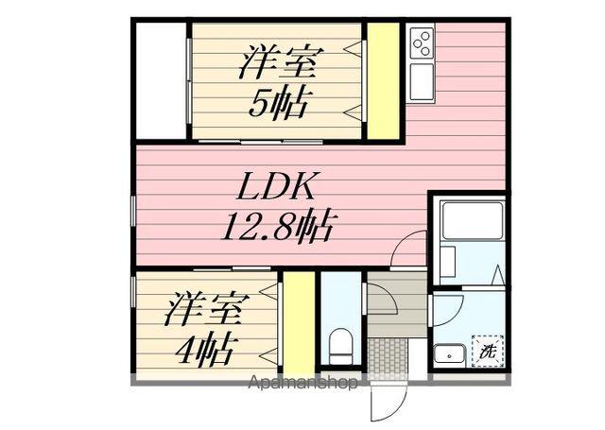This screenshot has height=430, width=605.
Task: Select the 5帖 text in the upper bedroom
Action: tap(279, 103)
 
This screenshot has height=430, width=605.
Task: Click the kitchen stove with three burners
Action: tap(422, 43)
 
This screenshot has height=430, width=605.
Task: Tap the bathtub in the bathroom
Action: tap(470, 222)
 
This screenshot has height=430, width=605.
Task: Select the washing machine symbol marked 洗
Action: tap(488, 351)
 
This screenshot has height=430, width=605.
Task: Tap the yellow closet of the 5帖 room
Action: tap(383, 80)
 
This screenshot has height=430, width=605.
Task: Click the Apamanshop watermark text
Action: tap(302, 384)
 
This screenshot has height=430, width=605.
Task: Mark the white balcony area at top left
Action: tap(162, 80)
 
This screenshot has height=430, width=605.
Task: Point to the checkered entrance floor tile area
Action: tap(386, 358)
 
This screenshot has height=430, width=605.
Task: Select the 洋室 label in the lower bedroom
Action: tap(208, 311)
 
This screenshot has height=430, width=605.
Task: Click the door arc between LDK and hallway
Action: tap(408, 250)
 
